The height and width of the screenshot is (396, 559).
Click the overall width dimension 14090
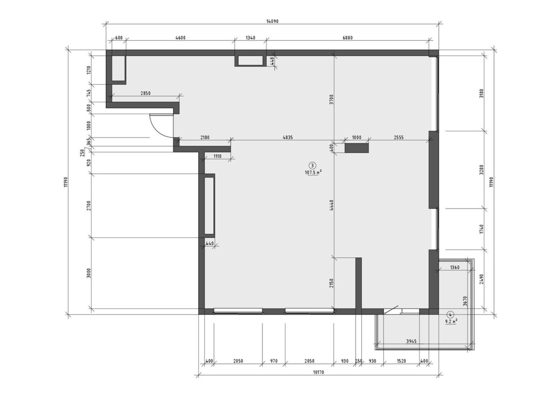pos(272,21)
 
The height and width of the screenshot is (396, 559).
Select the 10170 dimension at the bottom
pos(318,373)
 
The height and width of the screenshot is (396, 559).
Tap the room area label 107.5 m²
pos(314,173)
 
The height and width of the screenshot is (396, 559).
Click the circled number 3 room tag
pos(313,165)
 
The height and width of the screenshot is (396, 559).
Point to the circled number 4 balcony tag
pos(451,314)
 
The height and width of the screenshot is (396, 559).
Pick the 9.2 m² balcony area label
pos(451,321)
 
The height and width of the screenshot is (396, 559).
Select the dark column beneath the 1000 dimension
pos(356,148)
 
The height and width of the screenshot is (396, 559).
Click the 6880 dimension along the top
pos(347,38)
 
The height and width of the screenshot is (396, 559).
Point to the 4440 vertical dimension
pos(331,206)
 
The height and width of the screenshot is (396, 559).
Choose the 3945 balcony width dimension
pos(411,342)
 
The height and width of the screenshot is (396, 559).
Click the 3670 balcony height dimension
pos(465,302)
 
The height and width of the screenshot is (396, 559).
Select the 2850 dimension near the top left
pos(145,93)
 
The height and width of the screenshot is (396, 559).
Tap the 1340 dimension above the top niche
pos(251,38)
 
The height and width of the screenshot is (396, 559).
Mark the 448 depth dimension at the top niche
pos(272,61)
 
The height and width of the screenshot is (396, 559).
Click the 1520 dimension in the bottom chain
pos(401,361)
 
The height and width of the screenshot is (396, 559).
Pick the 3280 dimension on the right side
pos(482,170)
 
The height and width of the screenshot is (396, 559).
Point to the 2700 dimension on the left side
pos(89,205)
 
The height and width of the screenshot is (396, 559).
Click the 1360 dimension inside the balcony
pos(454,267)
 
